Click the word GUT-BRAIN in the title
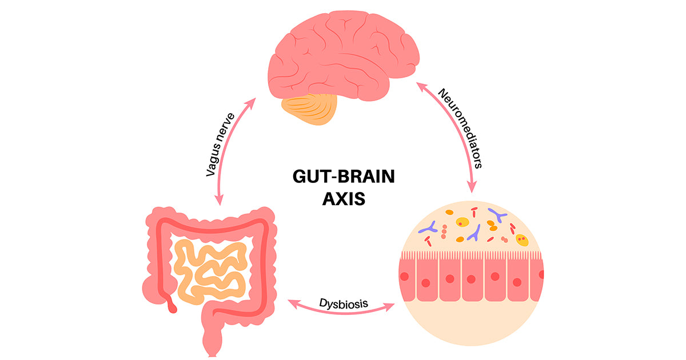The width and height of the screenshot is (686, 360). click(x=344, y=177)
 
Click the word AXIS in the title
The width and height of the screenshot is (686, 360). click(x=344, y=199)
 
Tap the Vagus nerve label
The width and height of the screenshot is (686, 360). click(x=220, y=145)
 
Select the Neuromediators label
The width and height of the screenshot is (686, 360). click(x=461, y=128)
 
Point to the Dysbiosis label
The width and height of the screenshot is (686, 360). click(x=344, y=303)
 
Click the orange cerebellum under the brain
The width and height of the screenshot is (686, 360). click(x=309, y=109)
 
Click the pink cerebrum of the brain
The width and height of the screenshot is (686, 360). click(x=343, y=55)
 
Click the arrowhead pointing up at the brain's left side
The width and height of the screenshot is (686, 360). click(x=250, y=103)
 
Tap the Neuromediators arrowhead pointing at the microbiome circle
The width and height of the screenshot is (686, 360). click(x=472, y=186)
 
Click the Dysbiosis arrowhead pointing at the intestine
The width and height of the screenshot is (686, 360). click(x=293, y=304)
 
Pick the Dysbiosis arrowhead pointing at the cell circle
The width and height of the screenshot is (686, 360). click(x=389, y=307)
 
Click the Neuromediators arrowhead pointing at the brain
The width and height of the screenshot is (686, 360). click(x=421, y=87)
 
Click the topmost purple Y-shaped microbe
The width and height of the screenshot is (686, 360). click(x=498, y=215)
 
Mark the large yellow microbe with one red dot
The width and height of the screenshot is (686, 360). click(x=462, y=222)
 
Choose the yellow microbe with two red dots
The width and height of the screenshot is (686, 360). click(x=522, y=239)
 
